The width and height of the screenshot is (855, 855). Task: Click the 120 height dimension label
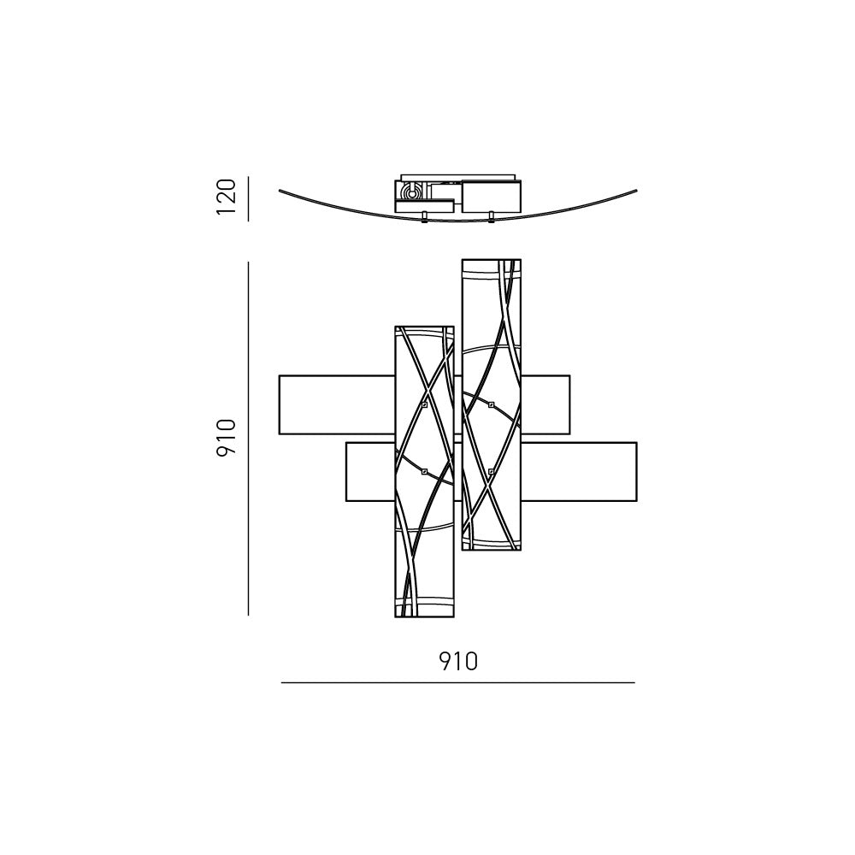pos(226,197)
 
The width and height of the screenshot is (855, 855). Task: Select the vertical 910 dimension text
pos(226,437)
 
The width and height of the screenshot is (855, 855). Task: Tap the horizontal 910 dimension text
pos(458,662)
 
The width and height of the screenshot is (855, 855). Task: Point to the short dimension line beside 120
pos(248,198)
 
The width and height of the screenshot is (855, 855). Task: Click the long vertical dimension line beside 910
pos(248,439)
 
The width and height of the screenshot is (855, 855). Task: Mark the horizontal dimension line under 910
pos(458,682)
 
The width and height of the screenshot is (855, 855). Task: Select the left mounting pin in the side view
pos(424,217)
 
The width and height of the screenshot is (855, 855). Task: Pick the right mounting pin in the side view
pos(491,217)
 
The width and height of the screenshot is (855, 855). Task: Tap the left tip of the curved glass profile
pos(280,191)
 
